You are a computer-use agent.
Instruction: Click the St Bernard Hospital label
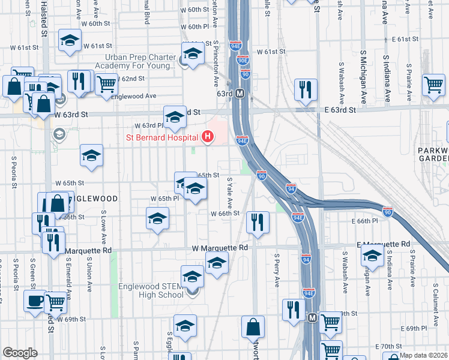tap(161, 137)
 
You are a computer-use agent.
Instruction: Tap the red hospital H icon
tap(208, 137)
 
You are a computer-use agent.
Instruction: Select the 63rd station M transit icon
tap(240, 94)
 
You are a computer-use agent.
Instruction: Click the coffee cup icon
tap(35, 300)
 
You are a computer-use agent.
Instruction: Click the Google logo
tap(20, 353)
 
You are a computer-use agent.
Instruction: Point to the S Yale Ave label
tap(229, 193)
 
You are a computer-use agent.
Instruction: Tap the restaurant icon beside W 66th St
tap(258, 222)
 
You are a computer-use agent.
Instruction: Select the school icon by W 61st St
tap(70, 41)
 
